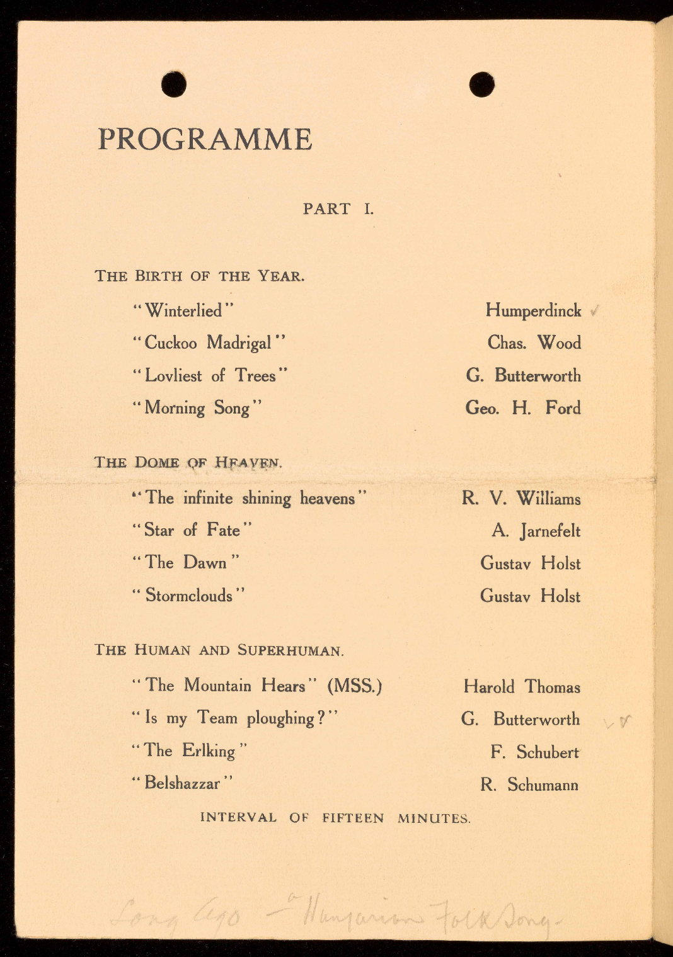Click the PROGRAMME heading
[205, 139]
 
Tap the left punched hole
[173, 84]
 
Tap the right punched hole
[482, 84]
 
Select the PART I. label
[338, 208]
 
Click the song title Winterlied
[183, 310]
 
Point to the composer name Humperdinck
[533, 310]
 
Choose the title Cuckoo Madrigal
[209, 343]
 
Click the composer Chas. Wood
[534, 343]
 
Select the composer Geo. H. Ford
[522, 408]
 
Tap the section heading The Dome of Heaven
[188, 463]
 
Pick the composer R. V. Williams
[521, 499]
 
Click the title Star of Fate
[192, 530]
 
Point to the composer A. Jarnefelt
[536, 531]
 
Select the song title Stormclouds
[188, 595]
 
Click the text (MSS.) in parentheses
[354, 686]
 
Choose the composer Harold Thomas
[522, 686]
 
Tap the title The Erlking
[189, 750]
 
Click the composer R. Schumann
[529, 784]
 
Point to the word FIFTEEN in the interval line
[352, 818]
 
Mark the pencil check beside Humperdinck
[594, 310]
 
